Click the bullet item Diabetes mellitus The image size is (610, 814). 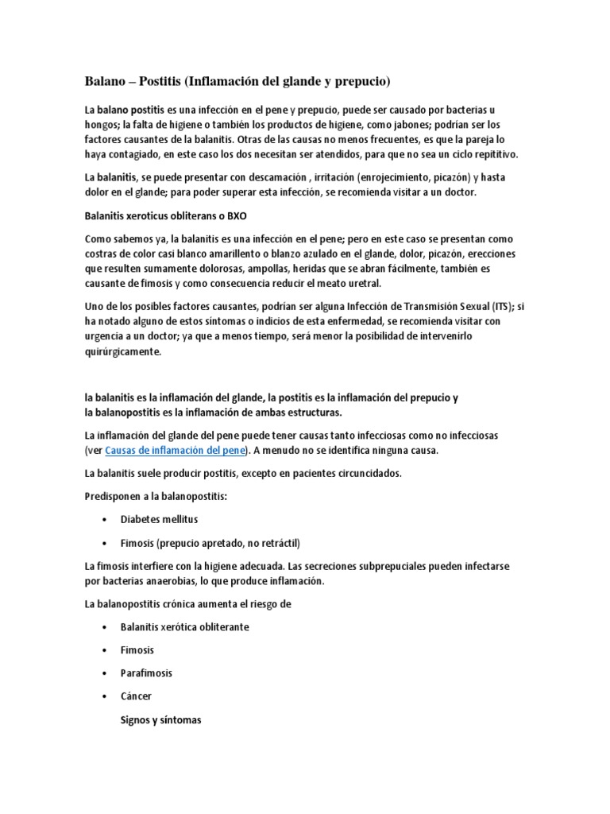pyautogui.click(x=159, y=519)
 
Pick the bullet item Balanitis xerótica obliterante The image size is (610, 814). pyautogui.click(x=184, y=626)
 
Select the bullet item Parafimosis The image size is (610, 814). pyautogui.click(x=146, y=673)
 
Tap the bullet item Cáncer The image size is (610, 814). pyautogui.click(x=137, y=696)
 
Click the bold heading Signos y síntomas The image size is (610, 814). pyautogui.click(x=161, y=720)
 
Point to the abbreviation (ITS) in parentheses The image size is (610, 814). pyautogui.click(x=501, y=307)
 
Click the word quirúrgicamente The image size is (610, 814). pyautogui.click(x=122, y=352)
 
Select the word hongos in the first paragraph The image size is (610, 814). pyautogui.click(x=101, y=125)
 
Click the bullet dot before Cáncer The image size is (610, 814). pyautogui.click(x=105, y=696)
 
